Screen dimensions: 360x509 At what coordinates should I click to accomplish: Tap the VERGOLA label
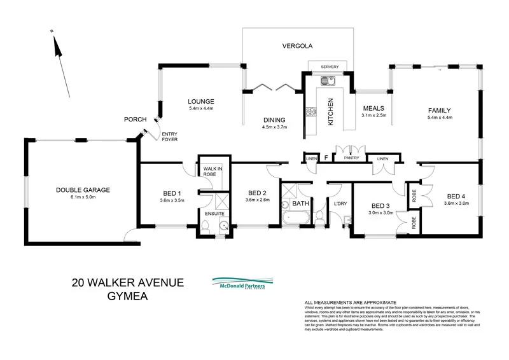click(x=296, y=46)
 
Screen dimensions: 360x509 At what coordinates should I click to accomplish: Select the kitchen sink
click(x=329, y=81)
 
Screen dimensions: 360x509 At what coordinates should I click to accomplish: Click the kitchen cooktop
click(x=312, y=113)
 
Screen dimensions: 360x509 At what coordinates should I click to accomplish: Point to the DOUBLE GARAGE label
click(x=83, y=190)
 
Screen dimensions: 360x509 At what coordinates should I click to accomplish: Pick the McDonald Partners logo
click(x=242, y=284)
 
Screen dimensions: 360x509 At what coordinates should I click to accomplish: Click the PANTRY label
click(x=351, y=158)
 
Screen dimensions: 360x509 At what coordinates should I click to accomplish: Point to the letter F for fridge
click(x=326, y=158)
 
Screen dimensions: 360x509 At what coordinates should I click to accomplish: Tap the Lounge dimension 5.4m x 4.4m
click(x=201, y=109)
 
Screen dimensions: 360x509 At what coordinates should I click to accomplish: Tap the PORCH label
click(x=136, y=120)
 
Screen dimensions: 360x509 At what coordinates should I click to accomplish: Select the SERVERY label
click(x=330, y=67)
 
